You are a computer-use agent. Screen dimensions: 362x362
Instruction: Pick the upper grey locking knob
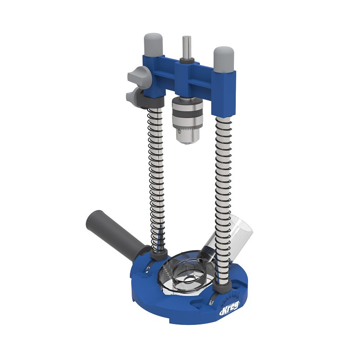click(x=137, y=74)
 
